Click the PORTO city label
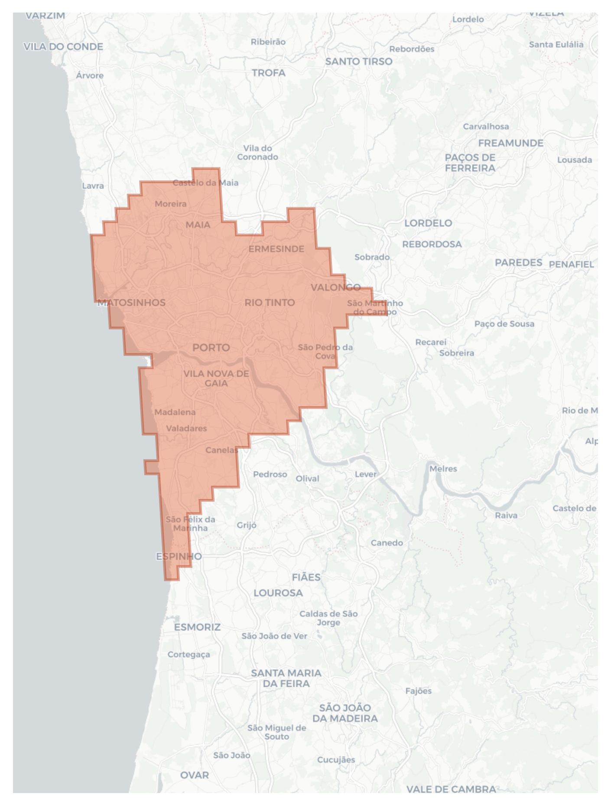coord(211,348)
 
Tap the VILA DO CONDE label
coord(63,47)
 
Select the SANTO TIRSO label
coord(359,62)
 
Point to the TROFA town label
coord(269,73)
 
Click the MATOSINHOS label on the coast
coord(132,303)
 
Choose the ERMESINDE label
coord(276,249)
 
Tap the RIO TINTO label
coord(270,303)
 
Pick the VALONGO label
coord(336,287)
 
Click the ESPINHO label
coord(179,556)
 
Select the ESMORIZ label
coord(197,627)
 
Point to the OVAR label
coord(195,775)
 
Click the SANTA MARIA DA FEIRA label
coord(286,679)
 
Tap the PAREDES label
coord(519,263)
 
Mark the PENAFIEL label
coord(571,264)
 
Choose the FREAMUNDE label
coord(511,143)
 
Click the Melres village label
coord(443,469)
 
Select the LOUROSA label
coord(278,593)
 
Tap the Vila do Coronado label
coord(257,153)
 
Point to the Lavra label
coord(93,186)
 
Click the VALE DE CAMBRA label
coord(451,789)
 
